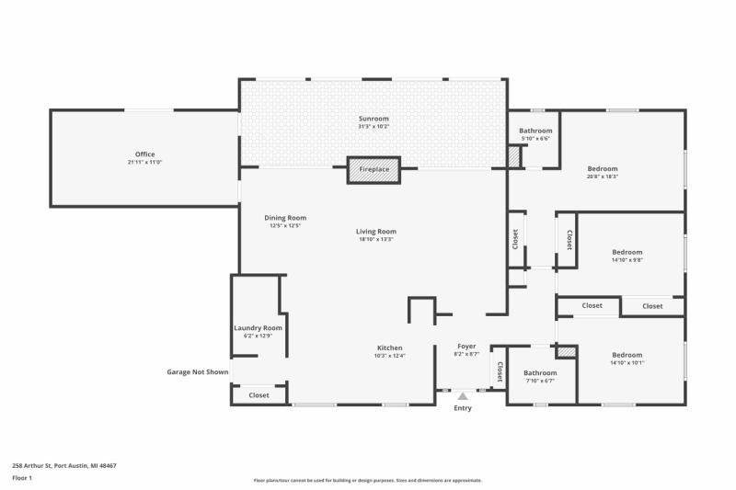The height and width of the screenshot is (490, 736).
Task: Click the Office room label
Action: (144, 154)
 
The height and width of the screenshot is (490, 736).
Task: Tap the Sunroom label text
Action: (374, 119)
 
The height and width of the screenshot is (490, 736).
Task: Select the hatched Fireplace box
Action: (374, 170)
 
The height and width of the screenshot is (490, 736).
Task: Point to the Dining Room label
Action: (285, 217)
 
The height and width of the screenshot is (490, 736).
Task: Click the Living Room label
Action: (376, 231)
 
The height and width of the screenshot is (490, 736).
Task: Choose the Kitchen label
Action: (389, 348)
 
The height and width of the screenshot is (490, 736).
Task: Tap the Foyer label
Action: (466, 347)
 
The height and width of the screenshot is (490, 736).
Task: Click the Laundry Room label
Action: (258, 327)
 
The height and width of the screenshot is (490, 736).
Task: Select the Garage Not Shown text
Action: (197, 372)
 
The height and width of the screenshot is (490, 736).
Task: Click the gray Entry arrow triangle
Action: (463, 395)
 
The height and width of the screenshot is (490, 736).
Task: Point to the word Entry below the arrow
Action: (463, 408)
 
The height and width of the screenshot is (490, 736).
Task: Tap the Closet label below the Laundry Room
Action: (259, 395)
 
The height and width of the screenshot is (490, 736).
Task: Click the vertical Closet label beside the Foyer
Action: (500, 371)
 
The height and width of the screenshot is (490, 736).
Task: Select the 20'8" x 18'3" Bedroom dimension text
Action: (603, 177)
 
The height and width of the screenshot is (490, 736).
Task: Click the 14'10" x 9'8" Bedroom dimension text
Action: (627, 260)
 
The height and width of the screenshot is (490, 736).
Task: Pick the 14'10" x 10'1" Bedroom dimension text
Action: (627, 362)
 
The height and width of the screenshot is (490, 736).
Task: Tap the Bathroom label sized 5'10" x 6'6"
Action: (535, 138)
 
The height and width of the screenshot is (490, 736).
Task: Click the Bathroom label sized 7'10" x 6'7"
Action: (541, 381)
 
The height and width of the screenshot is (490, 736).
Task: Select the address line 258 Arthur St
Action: (64, 466)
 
